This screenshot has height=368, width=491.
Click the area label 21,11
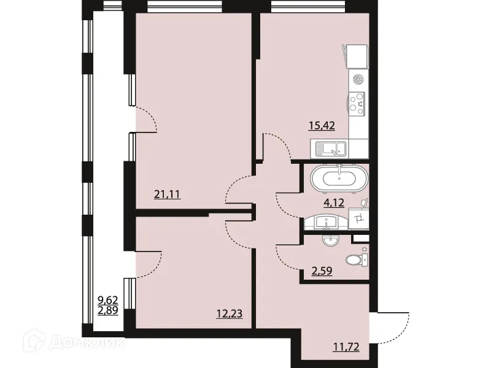(x=166, y=195)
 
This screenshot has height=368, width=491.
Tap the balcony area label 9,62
(x=107, y=301)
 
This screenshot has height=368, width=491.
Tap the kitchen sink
(x=330, y=147)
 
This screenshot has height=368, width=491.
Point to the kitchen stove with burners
(x=357, y=102)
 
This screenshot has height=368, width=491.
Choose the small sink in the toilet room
(x=331, y=241)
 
